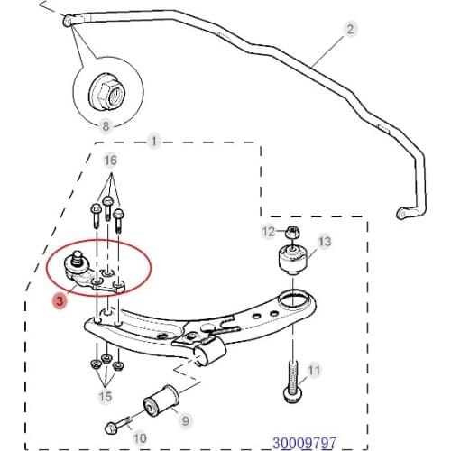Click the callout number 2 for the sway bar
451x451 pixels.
(350, 30)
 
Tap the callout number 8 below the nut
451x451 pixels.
(106, 125)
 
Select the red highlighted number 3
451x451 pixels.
(60, 300)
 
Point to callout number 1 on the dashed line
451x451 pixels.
(153, 142)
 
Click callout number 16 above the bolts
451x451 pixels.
(110, 161)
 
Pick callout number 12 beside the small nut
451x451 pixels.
(269, 232)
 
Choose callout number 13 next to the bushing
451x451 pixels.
(325, 242)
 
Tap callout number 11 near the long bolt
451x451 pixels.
(314, 370)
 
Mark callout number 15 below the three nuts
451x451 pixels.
(106, 396)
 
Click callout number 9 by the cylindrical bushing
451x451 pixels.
(185, 420)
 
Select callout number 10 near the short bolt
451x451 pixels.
(140, 438)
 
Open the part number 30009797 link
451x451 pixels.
(304, 443)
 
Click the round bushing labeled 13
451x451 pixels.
(292, 260)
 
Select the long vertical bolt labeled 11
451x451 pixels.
(291, 382)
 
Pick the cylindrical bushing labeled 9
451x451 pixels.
(161, 400)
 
